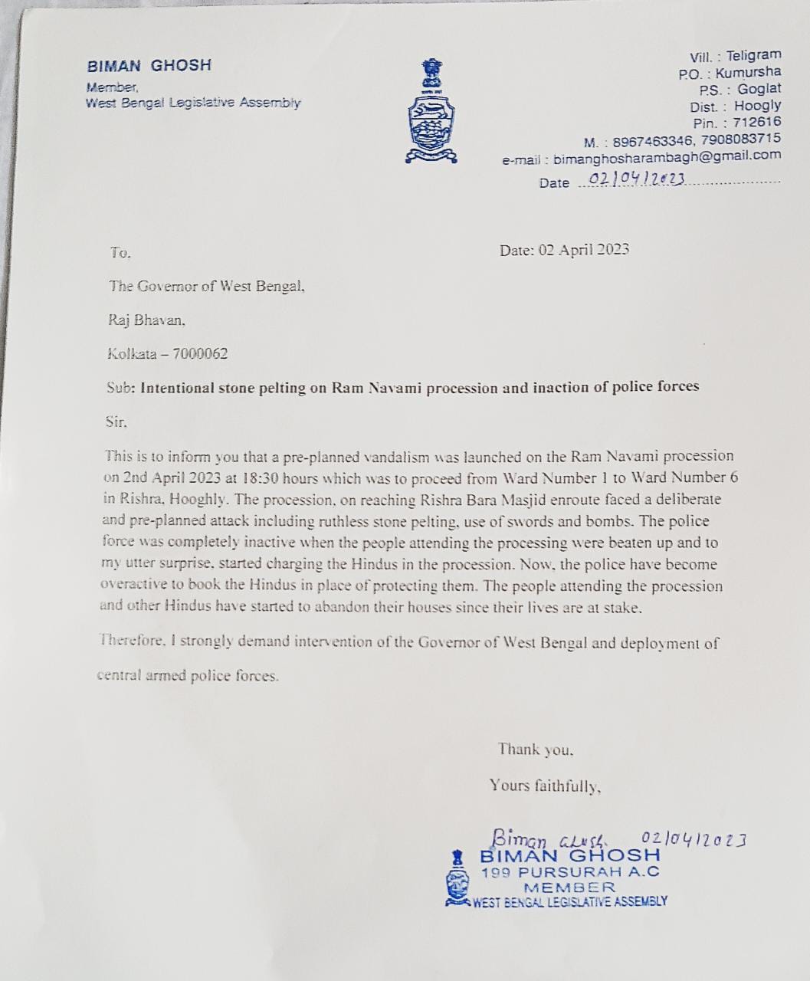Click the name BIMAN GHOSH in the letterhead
[149, 66]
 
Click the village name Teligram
[753, 55]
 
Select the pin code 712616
[757, 122]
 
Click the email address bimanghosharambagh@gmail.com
[667, 156]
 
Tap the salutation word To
[120, 252]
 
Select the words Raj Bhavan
[146, 320]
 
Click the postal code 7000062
[200, 354]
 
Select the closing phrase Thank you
[535, 750]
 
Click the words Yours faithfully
[545, 786]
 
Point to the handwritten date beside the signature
[693, 839]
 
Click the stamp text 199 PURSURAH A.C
[569, 872]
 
